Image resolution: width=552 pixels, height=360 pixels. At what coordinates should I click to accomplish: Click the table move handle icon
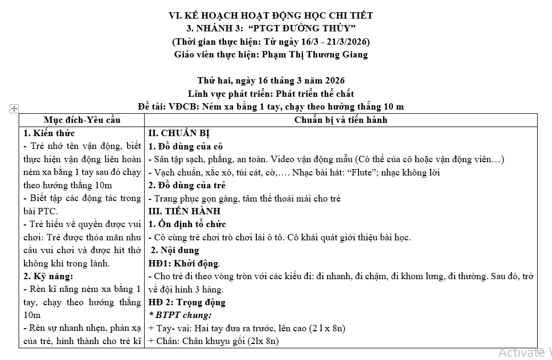14,108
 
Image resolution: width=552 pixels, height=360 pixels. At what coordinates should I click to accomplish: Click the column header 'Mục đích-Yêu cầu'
82,120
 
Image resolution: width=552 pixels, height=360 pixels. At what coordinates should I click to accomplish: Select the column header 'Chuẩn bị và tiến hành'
341,120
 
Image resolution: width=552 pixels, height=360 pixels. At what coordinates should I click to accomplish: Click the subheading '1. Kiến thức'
49,133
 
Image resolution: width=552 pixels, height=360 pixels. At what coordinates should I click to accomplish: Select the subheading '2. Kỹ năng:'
48,276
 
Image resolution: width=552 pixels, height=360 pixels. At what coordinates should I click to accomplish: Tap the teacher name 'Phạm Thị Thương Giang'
312,54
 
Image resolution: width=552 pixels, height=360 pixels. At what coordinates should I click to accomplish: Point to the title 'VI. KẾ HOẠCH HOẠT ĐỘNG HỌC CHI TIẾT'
271,15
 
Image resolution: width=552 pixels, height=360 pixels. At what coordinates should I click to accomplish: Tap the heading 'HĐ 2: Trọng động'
187,302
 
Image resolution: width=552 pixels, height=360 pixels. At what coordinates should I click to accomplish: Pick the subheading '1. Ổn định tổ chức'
187,224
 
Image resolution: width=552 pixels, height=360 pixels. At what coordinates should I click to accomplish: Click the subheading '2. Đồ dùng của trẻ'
187,185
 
